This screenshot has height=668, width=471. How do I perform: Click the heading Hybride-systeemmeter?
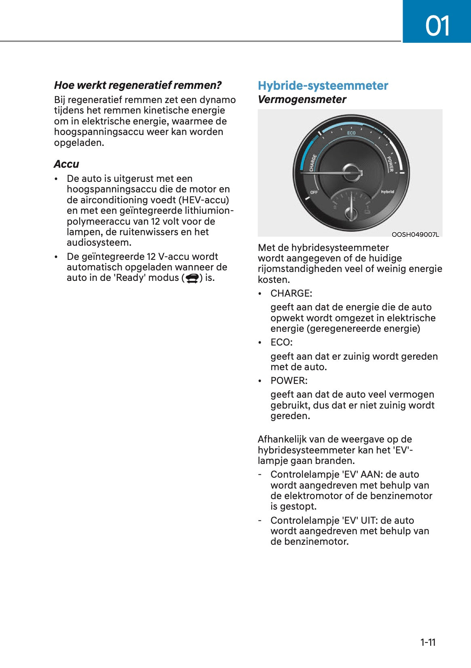coord(323,86)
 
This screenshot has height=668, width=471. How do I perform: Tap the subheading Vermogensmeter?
coord(302,99)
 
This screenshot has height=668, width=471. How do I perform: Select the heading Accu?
coord(66,164)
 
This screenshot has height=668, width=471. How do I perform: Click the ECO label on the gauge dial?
coord(351,133)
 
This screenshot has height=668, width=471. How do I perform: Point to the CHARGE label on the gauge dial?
coord(313,162)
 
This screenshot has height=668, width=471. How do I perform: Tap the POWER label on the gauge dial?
coord(390,164)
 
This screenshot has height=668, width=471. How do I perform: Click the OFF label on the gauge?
coord(314,192)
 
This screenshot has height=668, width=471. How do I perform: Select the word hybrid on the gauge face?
coord(387,192)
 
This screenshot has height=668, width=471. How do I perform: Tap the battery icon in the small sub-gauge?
coord(367,211)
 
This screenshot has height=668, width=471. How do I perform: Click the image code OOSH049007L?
coord(415,234)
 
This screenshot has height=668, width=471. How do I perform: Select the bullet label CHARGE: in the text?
coord(291,293)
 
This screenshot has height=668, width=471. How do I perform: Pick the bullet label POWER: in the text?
coord(289,381)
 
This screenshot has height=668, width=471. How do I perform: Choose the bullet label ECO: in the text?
coord(281,342)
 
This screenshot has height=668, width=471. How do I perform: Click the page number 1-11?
coord(428,643)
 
